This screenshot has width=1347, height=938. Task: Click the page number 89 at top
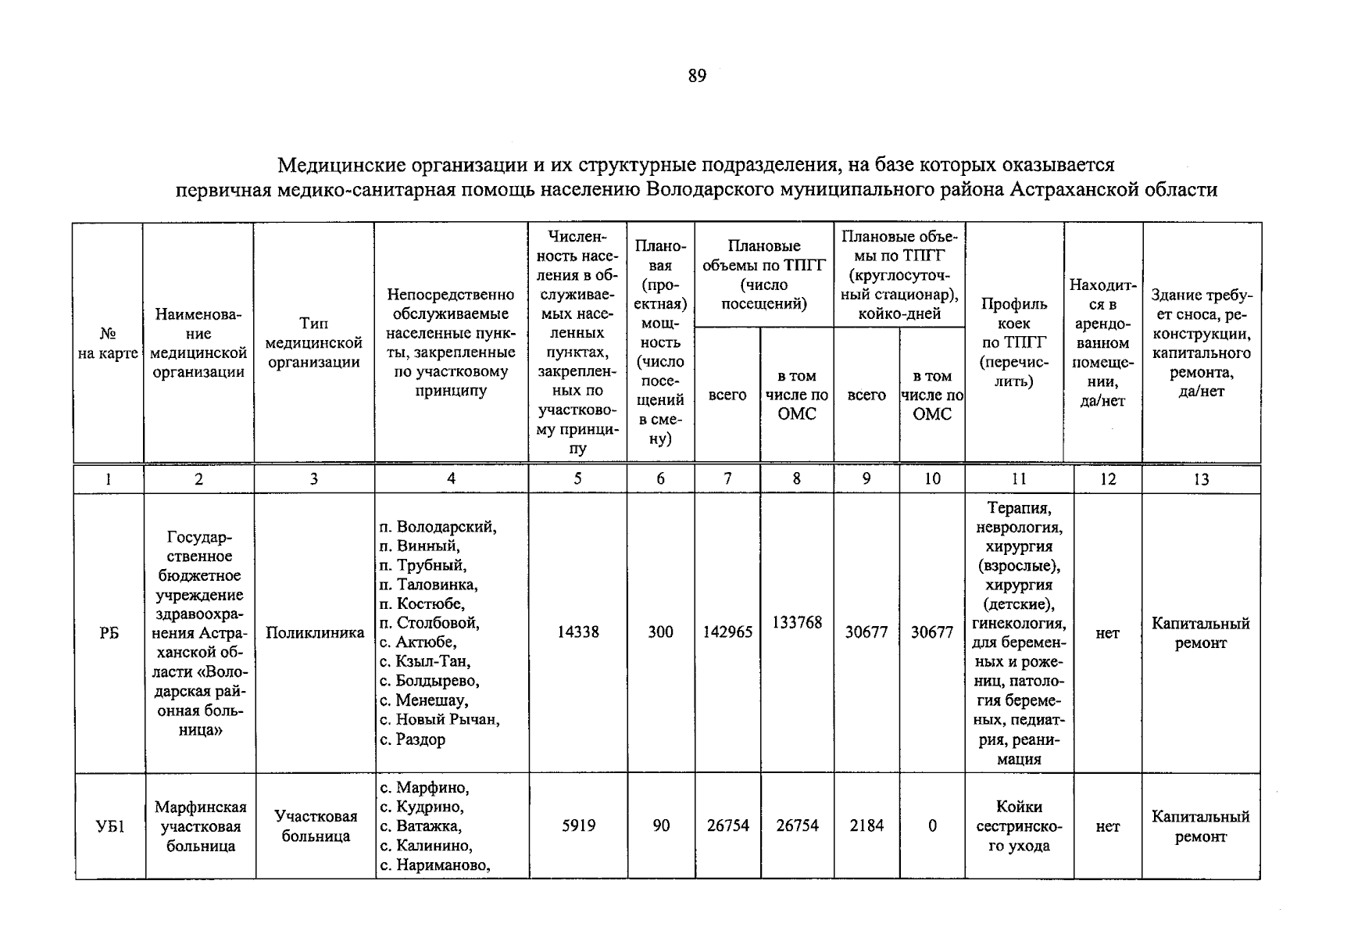pyautogui.click(x=697, y=76)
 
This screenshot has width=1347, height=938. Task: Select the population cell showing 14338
pyautogui.click(x=577, y=632)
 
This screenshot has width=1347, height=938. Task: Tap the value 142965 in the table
pyautogui.click(x=727, y=632)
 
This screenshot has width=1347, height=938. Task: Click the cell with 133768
pyautogui.click(x=797, y=622)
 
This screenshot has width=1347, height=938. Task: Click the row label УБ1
pyautogui.click(x=109, y=826)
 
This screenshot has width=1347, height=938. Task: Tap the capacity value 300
pyautogui.click(x=660, y=632)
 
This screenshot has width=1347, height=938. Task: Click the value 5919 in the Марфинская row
pyautogui.click(x=578, y=825)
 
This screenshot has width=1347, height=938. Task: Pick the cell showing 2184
pyautogui.click(x=866, y=825)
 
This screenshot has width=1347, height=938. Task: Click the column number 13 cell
pyautogui.click(x=1201, y=479)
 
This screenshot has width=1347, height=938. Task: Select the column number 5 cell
pyautogui.click(x=577, y=479)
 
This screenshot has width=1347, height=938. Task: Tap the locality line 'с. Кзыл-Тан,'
pyautogui.click(x=425, y=662)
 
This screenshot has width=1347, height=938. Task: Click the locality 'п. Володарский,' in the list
pyautogui.click(x=438, y=527)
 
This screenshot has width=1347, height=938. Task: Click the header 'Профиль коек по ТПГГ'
pyautogui.click(x=1013, y=342)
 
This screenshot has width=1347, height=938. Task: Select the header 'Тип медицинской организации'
pyautogui.click(x=314, y=342)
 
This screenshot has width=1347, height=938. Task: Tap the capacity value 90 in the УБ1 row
pyautogui.click(x=661, y=825)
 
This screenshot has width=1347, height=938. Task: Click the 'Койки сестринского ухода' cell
pyautogui.click(x=1019, y=826)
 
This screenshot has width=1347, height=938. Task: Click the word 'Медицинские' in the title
pyautogui.click(x=338, y=165)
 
